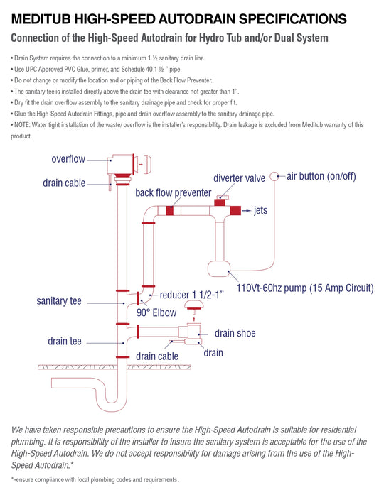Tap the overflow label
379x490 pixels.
pyautogui.click(x=70, y=158)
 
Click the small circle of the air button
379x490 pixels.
pyautogui.click(x=274, y=176)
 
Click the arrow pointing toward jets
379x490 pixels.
pyautogui.click(x=245, y=211)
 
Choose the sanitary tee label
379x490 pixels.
pyautogui.click(x=59, y=301)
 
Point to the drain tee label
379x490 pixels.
pyautogui.click(x=67, y=341)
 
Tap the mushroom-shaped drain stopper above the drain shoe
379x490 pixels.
pyautogui.click(x=192, y=307)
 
